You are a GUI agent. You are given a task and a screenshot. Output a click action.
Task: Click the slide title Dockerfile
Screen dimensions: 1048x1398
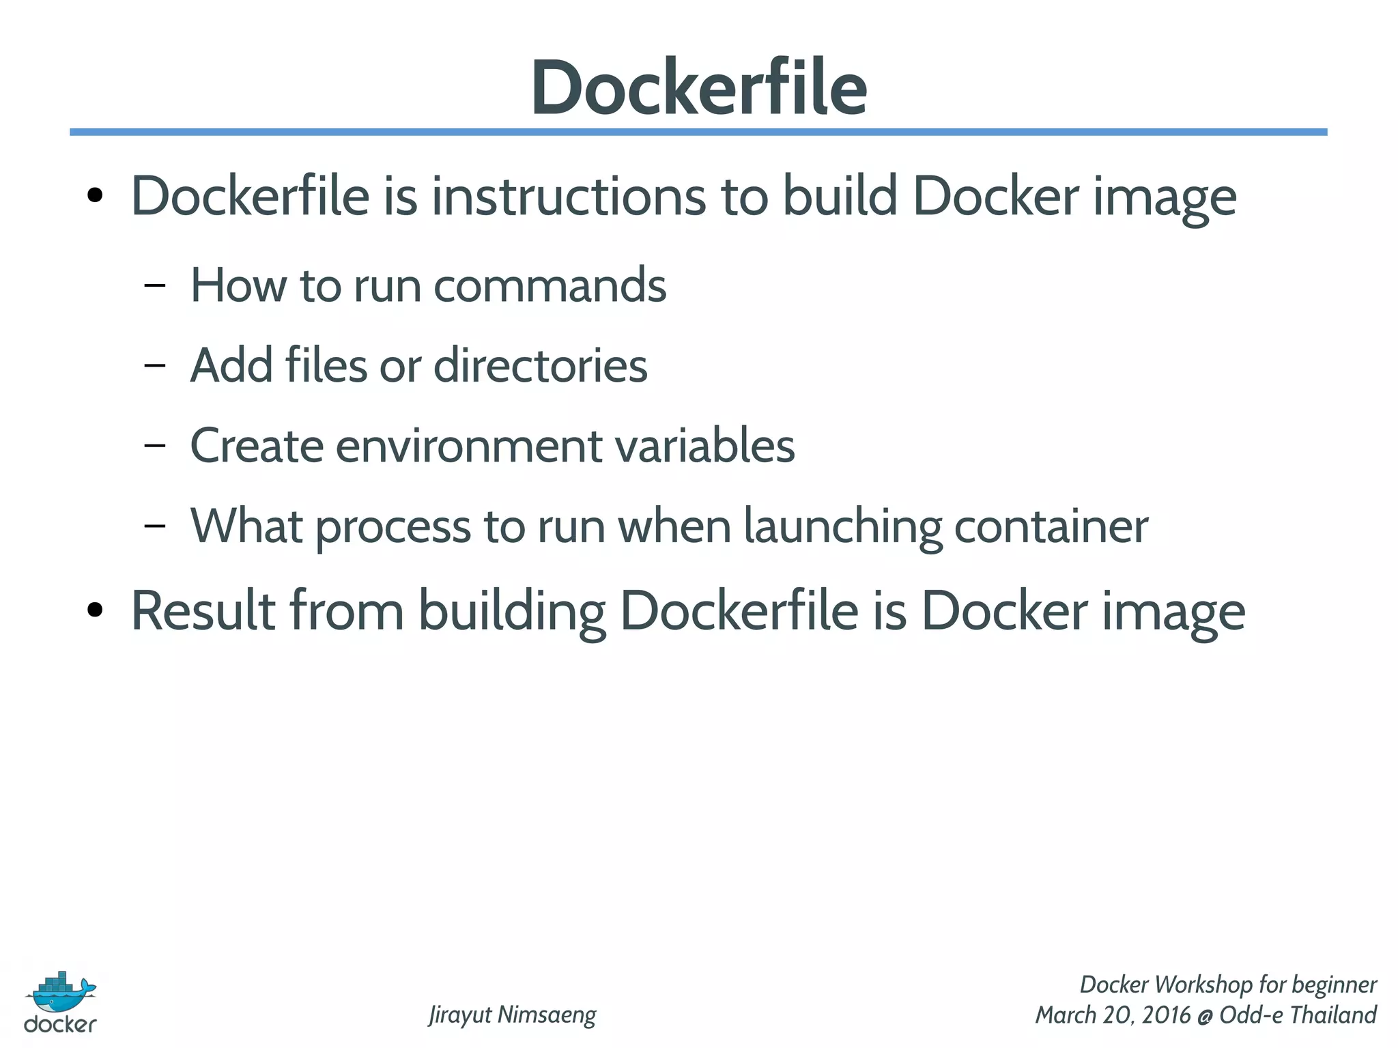tap(698, 87)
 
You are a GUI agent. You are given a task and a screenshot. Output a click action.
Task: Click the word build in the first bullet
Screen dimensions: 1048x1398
tap(839, 197)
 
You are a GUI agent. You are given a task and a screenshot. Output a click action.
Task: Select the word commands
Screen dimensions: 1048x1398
tap(550, 285)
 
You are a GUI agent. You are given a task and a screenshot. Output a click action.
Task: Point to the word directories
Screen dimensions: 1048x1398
tap(540, 365)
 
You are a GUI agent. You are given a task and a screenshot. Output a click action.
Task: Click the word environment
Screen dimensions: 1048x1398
tap(469, 446)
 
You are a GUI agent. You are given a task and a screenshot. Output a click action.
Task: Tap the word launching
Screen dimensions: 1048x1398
tap(842, 526)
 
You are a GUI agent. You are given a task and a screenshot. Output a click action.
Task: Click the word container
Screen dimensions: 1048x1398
tap(1051, 526)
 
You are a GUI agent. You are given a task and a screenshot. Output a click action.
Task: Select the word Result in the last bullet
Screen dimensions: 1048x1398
tap(203, 610)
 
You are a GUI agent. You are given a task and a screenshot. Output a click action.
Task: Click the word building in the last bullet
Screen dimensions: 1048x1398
tap(511, 610)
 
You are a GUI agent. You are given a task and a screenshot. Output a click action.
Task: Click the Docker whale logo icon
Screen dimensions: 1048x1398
tap(61, 992)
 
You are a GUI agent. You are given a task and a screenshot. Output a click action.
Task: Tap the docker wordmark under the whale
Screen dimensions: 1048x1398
tap(60, 1024)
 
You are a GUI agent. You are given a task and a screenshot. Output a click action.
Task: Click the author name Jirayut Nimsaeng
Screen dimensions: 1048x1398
tap(512, 1015)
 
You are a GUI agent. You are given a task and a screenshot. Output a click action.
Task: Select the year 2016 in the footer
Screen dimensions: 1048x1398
tap(1167, 1015)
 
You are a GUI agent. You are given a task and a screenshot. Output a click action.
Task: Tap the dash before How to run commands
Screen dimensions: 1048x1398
tap(155, 285)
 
